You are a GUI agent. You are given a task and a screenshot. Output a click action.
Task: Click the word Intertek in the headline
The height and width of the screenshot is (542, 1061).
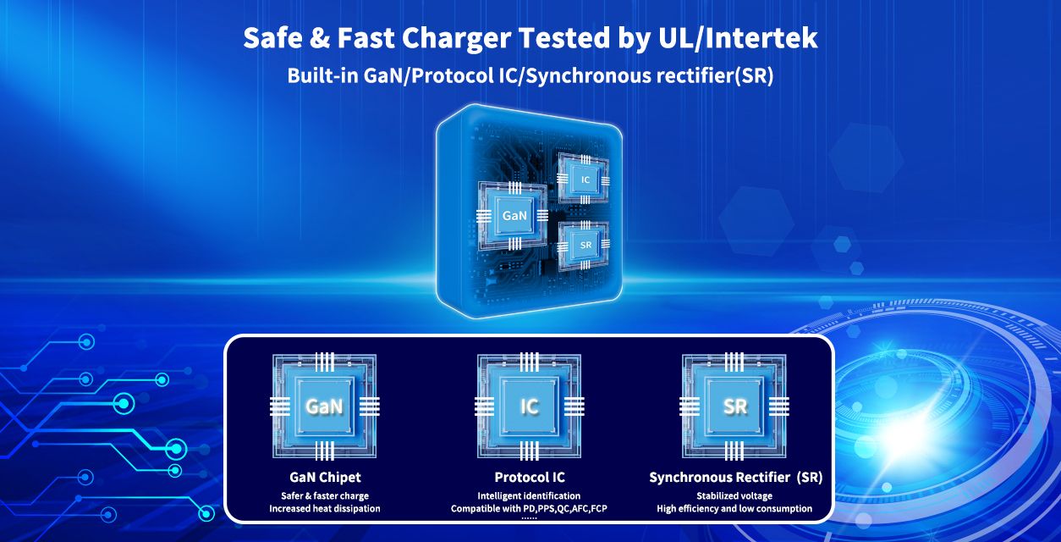(x=761, y=38)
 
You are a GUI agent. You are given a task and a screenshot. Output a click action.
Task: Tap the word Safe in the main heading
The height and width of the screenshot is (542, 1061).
(x=272, y=38)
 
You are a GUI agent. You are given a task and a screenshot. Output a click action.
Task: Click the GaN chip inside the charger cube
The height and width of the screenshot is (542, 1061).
(x=514, y=215)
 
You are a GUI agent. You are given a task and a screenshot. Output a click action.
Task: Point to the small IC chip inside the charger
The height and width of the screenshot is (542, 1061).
(x=585, y=180)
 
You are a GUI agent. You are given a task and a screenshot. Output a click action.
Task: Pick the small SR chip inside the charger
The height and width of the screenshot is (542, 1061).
(x=585, y=245)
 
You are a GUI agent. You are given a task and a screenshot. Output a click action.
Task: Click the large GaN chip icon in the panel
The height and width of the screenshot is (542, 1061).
(x=324, y=406)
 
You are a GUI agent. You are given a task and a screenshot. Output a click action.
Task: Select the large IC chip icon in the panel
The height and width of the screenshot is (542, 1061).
(x=529, y=406)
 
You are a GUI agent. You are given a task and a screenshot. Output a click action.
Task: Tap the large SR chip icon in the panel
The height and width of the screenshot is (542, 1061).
(x=734, y=406)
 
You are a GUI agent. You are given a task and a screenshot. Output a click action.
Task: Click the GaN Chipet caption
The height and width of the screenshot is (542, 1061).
(x=325, y=477)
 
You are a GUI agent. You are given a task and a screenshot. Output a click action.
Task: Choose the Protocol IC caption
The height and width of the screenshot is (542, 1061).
(x=530, y=477)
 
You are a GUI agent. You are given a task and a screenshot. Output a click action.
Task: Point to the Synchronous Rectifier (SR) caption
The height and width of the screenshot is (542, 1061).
(x=735, y=478)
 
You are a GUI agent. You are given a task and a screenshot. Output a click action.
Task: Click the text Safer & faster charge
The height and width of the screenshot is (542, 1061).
(x=325, y=496)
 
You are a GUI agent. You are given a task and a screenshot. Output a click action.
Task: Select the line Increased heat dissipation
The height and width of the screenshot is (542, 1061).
(x=325, y=509)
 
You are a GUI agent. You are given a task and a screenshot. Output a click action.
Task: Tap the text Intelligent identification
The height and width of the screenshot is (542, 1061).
(x=529, y=496)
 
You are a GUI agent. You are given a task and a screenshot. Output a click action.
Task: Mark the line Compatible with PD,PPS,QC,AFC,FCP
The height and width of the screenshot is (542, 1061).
(x=529, y=509)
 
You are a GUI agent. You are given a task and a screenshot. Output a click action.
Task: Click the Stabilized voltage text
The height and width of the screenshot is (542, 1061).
(x=734, y=496)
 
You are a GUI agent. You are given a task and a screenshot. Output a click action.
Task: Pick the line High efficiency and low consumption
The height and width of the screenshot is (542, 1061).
(x=734, y=509)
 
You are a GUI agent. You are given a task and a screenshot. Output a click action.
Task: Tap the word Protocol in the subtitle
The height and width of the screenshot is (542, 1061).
(x=453, y=76)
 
